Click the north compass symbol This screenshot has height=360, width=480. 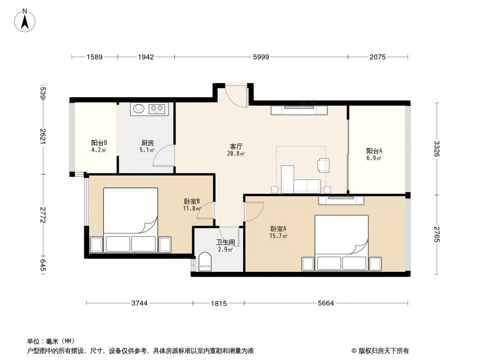(25, 21)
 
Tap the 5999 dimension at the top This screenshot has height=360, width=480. (261, 57)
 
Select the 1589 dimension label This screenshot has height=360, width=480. (95, 57)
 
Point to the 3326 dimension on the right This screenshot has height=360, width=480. (436, 149)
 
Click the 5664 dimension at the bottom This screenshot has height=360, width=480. (326, 303)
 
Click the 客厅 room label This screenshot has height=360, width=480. (236, 147)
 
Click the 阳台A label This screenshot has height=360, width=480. (374, 151)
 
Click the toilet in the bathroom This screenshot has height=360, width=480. (205, 262)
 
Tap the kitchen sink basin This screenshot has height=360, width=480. (138, 108)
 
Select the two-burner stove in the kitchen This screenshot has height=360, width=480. (157, 108)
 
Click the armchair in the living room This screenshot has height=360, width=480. (323, 165)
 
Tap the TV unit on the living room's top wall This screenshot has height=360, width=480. (299, 110)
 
